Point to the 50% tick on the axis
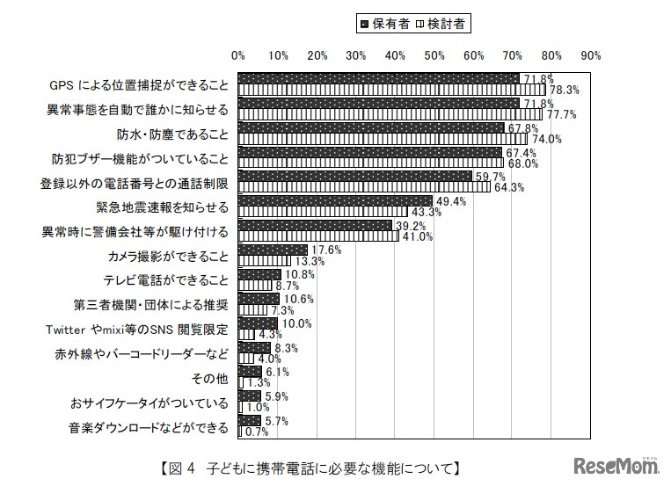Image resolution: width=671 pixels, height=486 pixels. coord(434,55)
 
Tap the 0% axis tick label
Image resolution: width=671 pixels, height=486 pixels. coord(237,55)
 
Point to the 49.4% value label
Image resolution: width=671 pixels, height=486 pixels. coord(450,201)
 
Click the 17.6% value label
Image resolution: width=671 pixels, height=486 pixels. coord(325,250)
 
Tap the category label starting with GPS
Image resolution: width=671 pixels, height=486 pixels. coord(139,85)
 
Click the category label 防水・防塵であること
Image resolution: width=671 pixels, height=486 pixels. coord(173,134)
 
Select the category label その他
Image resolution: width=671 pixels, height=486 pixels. coord(210,379)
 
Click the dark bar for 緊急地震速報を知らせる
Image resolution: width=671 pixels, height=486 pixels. coord(334,202)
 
